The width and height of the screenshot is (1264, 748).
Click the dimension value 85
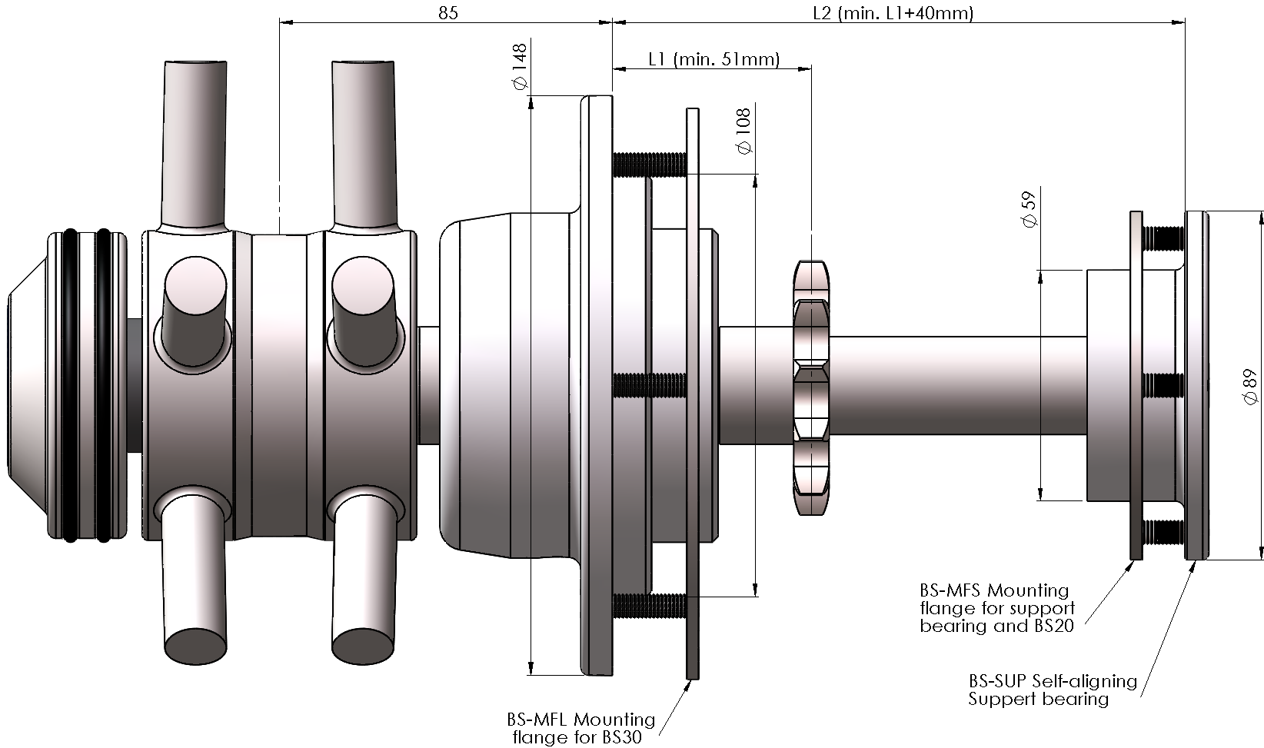click(448, 13)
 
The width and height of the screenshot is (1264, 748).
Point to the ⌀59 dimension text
click(1030, 208)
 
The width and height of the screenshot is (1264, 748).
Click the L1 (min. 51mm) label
click(713, 59)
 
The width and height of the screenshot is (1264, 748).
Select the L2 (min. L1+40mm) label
click(893, 13)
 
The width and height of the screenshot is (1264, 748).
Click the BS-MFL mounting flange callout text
click(580, 728)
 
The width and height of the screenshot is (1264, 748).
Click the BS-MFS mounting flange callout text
click(996, 608)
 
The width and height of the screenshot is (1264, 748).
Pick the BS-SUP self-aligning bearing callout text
click(1052, 690)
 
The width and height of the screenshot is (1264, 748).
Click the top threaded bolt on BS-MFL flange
click(650, 164)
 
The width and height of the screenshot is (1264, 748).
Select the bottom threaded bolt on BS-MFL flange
click(650, 605)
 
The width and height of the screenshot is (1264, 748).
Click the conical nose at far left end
click(27, 384)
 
